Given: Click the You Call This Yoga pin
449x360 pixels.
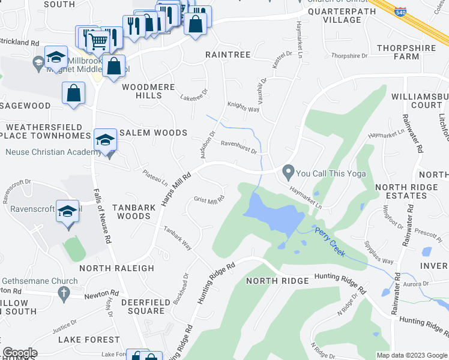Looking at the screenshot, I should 289,173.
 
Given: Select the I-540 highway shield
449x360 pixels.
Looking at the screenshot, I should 401,11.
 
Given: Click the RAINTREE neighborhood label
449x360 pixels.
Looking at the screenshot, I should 228,54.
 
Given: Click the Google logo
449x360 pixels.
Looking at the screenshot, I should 20,353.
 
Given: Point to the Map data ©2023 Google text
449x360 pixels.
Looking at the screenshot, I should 411,355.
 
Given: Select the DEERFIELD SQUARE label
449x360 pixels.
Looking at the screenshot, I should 143,306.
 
